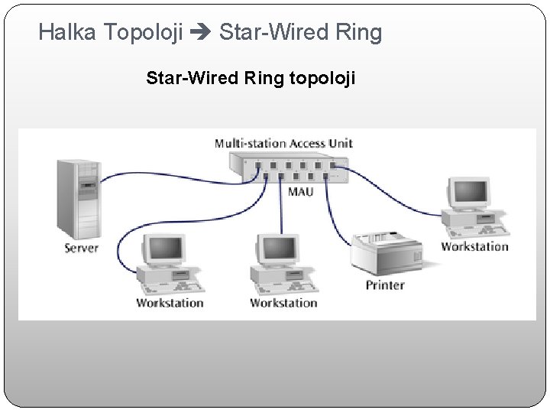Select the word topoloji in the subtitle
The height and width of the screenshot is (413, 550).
tap(322, 78)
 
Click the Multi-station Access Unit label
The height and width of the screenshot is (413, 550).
tap(283, 143)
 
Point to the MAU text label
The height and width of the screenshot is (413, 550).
tap(300, 191)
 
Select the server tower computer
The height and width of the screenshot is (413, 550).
tap(79, 199)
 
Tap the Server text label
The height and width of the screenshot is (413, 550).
tap(82, 248)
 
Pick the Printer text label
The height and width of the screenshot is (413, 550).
tap(385, 285)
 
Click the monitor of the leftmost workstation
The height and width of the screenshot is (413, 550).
tap(165, 249)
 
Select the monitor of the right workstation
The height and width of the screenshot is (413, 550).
tap(467, 193)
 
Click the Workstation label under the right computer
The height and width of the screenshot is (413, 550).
tap(474, 246)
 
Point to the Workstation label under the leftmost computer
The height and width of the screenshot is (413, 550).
tap(170, 303)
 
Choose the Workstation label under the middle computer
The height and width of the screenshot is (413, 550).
tap(283, 303)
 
